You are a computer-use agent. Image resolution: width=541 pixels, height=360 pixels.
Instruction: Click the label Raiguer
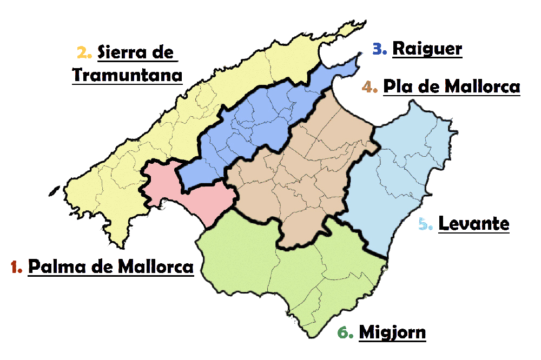[x=427, y=49]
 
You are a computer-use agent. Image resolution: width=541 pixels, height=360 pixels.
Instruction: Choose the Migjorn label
[x=392, y=332]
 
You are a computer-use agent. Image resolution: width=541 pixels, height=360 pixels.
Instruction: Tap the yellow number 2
[x=84, y=52]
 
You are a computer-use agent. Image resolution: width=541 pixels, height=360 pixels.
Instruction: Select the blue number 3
[x=380, y=49]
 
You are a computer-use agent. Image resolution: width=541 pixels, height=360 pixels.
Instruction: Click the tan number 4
[x=371, y=87]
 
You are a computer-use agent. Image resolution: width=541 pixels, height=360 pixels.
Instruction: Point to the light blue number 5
[x=426, y=223]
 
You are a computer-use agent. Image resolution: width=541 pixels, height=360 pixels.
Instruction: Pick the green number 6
[x=345, y=333]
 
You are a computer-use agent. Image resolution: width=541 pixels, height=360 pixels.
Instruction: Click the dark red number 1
[x=16, y=266]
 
